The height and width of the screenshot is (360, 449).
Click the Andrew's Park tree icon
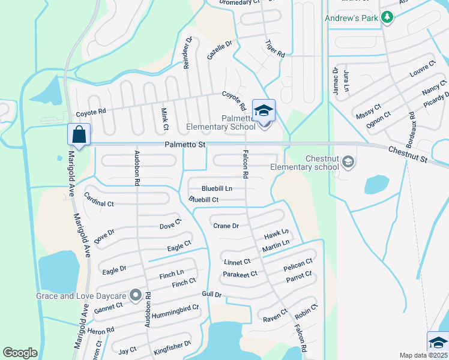click(388, 17)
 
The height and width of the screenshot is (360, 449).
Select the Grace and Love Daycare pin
click(136, 295)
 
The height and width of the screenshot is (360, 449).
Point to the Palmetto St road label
click(185, 145)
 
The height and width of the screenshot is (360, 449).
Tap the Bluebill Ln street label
click(217, 188)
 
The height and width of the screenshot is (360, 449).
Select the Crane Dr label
click(226, 226)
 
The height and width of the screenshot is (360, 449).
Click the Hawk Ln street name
click(277, 232)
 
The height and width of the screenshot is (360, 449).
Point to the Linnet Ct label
click(237, 262)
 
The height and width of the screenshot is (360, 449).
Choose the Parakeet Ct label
click(240, 274)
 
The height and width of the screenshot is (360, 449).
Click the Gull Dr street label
click(212, 295)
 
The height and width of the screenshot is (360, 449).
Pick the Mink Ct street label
click(164, 119)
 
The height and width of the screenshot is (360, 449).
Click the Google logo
click(20, 353)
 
